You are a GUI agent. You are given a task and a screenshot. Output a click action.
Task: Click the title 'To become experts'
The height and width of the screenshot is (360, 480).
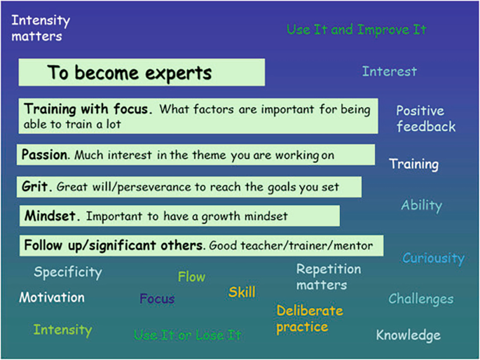click(x=130, y=73)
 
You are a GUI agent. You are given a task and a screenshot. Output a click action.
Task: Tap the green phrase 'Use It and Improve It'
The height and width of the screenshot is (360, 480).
click(x=356, y=30)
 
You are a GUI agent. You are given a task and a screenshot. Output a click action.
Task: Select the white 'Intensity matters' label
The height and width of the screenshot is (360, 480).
click(x=36, y=29)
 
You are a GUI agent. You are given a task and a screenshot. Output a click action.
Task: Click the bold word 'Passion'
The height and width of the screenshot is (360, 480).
click(x=46, y=154)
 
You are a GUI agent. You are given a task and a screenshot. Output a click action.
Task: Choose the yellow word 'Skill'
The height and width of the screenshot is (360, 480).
click(x=242, y=292)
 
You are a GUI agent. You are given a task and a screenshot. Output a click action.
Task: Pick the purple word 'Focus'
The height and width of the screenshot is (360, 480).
click(x=157, y=299)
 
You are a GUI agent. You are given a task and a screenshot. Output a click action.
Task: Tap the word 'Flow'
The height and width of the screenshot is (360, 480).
click(x=191, y=277)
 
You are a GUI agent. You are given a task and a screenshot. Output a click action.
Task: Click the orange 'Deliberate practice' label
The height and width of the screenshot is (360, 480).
click(x=309, y=319)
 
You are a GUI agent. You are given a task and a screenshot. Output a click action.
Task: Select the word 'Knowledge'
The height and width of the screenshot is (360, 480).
click(x=408, y=335)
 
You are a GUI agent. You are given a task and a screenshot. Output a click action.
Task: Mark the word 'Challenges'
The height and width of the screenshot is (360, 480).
click(x=420, y=299)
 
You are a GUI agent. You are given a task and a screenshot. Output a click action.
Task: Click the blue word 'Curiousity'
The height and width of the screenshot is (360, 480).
click(x=433, y=258)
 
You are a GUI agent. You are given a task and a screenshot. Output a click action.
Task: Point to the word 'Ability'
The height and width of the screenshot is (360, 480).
click(x=421, y=206)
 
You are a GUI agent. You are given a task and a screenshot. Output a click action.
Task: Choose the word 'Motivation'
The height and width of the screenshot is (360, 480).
click(x=52, y=298)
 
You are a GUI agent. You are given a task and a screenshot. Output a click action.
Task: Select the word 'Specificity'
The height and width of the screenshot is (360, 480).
click(x=68, y=272)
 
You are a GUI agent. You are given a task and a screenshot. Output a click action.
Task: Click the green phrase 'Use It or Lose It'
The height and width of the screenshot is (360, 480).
click(x=187, y=335)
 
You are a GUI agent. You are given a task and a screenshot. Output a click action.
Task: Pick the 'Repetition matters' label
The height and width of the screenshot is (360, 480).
click(x=329, y=277)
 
